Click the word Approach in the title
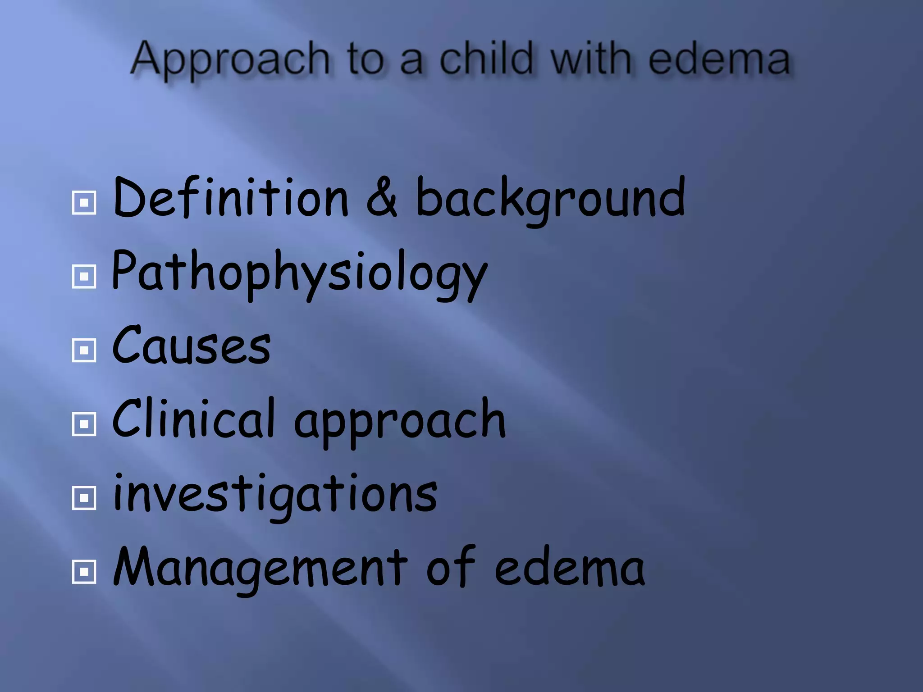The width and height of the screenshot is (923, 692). point(230,59)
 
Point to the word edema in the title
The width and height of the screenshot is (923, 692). point(719,59)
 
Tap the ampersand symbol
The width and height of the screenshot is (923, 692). point(382,199)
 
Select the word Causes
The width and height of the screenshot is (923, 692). point(191,346)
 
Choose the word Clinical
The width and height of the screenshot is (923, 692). point(193,419)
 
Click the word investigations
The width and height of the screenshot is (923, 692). point(275,495)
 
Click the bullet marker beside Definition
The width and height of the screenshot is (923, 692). point(84,203)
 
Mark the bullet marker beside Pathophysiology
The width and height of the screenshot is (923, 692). point(84,276)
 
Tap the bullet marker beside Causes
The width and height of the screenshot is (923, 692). point(84,350)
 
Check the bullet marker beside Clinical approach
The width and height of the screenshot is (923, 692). point(84,424)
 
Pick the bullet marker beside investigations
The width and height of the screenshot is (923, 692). point(84,498)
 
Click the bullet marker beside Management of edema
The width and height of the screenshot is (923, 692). point(84,572)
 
